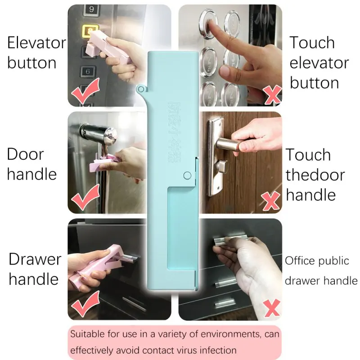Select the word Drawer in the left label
coord(35,259)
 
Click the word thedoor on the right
coord(315,175)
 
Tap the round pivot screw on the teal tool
coord(188,175)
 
